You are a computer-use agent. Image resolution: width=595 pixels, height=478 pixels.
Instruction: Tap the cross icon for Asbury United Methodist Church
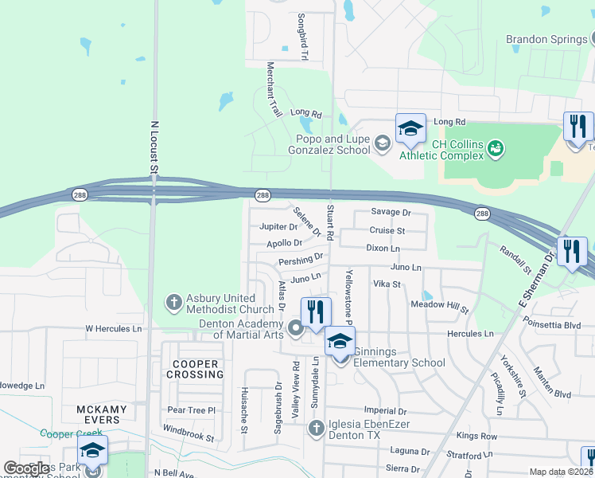coord(174,303)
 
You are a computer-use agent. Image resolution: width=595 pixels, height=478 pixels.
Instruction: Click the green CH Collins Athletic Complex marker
coord(496,148)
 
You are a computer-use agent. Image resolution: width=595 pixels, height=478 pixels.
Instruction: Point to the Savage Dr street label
coord(391,213)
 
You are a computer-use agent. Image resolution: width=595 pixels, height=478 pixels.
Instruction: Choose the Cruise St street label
coord(387,230)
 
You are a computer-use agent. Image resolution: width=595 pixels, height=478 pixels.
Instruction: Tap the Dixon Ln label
coord(383,249)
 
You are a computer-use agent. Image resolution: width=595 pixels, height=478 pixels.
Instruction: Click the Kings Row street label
coord(476,437)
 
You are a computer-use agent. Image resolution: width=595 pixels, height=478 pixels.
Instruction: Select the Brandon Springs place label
coord(545,39)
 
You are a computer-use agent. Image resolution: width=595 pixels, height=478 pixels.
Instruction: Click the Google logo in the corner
coord(26,468)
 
